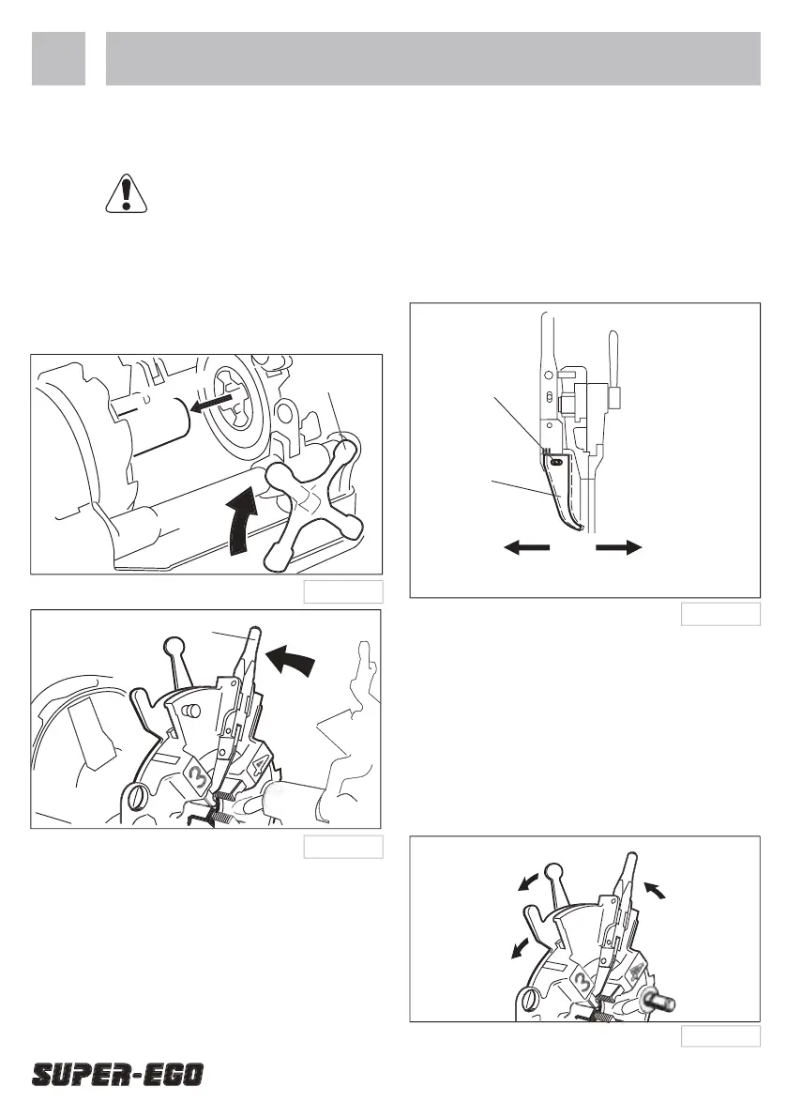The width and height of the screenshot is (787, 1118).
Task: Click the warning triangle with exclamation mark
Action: pyautogui.click(x=127, y=193)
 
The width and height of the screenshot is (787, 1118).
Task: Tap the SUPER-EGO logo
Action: pyautogui.click(x=117, y=1075)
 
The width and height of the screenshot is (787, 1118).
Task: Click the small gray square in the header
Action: pyautogui.click(x=58, y=58)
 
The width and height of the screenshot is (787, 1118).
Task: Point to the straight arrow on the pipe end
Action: pyautogui.click(x=214, y=404)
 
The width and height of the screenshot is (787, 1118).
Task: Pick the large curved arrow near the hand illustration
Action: pyautogui.click(x=290, y=660)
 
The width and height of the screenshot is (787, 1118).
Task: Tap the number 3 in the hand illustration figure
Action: pyautogui.click(x=199, y=775)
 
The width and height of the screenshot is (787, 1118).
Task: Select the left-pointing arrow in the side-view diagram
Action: pyautogui.click(x=527, y=547)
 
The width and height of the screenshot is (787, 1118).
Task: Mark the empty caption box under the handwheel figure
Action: pyautogui.click(x=343, y=591)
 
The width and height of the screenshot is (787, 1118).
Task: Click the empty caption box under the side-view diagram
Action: pyautogui.click(x=720, y=614)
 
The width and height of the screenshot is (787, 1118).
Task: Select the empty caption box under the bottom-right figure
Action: pyautogui.click(x=720, y=1036)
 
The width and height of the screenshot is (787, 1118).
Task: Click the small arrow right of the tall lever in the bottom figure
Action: pyautogui.click(x=656, y=890)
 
